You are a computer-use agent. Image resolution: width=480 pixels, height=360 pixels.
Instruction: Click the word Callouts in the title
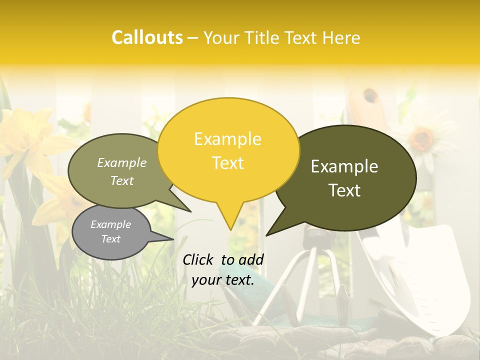point(147,37)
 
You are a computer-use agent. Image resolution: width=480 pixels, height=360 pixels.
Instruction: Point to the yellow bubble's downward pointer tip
point(230,229)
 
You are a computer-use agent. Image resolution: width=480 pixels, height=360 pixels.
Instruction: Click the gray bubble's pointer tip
point(172,239)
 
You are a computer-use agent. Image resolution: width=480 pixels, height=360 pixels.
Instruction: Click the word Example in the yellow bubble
point(227,139)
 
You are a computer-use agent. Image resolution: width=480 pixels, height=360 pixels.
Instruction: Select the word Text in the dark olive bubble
point(345,190)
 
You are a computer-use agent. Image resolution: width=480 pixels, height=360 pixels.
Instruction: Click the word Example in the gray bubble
point(110,224)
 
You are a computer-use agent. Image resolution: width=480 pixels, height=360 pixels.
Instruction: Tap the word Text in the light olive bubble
point(122,181)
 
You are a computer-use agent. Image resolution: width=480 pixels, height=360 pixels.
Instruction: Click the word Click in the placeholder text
point(199,259)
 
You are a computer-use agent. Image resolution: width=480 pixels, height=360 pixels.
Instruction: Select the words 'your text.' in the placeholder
point(222,280)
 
